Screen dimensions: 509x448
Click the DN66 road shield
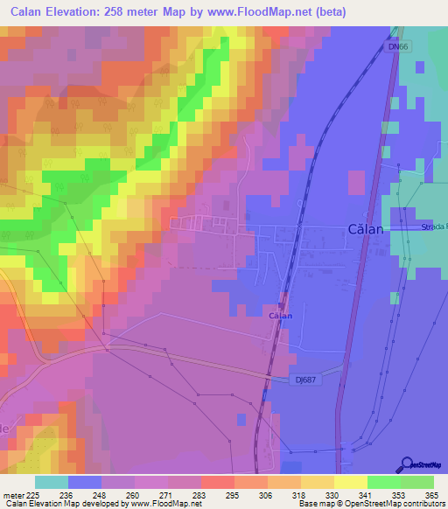[400, 47]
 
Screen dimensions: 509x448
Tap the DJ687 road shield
[303, 379]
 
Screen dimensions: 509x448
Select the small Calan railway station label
[280, 315]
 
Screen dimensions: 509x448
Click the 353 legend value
[383, 495]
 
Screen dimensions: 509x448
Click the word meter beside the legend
[12, 495]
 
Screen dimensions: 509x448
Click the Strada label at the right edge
[433, 227]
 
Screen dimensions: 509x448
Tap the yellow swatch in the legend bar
[350, 482]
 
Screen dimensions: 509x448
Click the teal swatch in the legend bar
[52, 482]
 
